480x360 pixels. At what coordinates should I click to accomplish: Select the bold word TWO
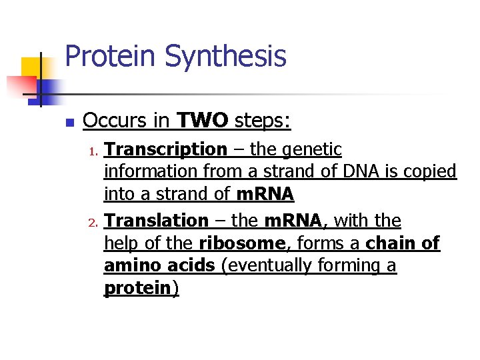coord(203,121)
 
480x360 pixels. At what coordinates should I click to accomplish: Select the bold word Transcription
coord(165,149)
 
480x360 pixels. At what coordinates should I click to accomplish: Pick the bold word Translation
coord(156,220)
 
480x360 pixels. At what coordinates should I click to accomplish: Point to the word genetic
coord(312,149)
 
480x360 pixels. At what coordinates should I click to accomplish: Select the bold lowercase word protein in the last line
coord(137,289)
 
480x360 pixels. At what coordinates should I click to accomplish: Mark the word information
coord(151,172)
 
